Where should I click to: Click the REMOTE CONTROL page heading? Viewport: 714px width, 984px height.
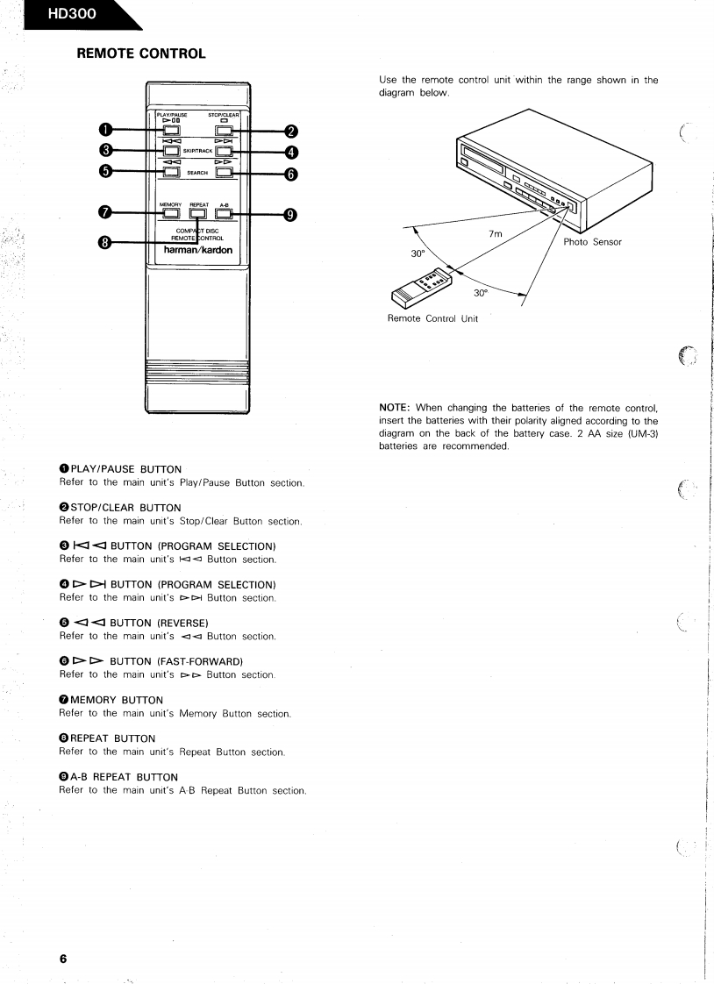(141, 54)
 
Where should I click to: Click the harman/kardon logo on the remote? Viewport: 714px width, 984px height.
(198, 247)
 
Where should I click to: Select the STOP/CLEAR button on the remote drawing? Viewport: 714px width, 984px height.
(224, 132)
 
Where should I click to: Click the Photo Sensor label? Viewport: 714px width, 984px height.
(592, 242)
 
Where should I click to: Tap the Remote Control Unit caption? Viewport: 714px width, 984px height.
(432, 318)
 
